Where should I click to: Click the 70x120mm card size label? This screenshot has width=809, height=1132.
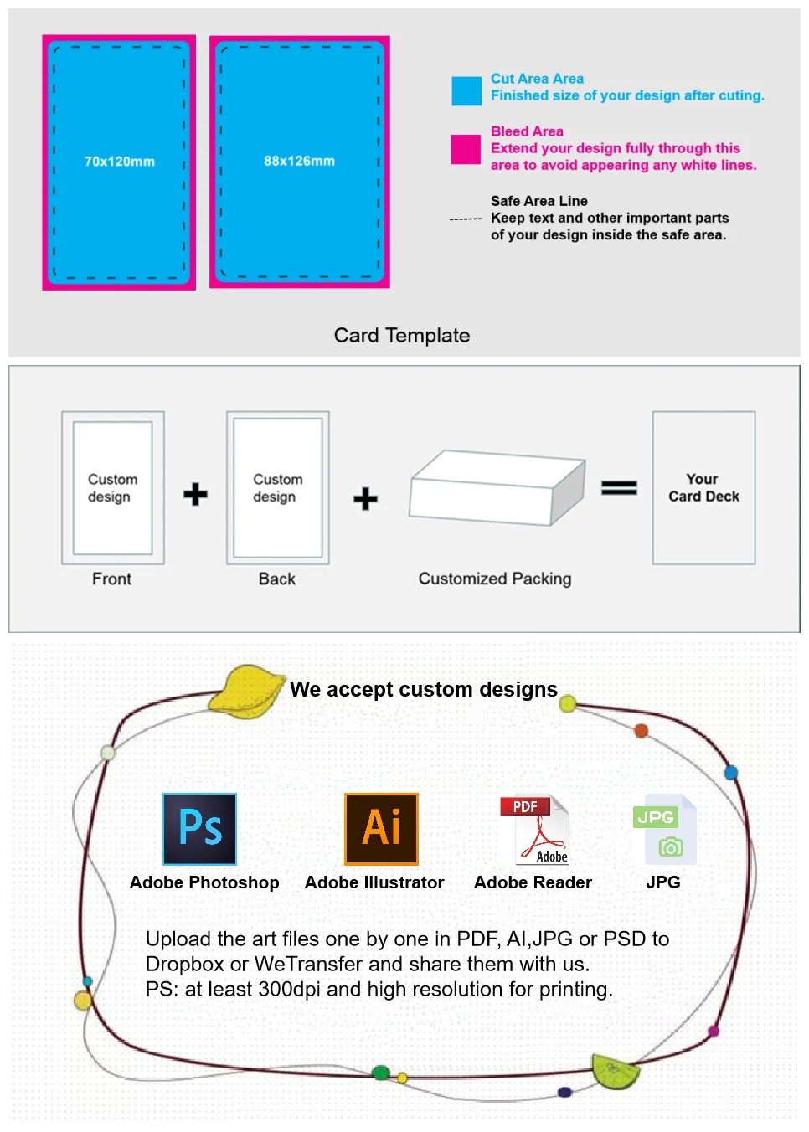[119, 162]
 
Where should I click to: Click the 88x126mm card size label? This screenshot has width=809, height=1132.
[299, 161]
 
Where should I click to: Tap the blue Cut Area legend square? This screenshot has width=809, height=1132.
[466, 91]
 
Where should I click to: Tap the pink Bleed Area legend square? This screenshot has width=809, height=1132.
[466, 149]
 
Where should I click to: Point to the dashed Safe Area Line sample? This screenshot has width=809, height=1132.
[465, 219]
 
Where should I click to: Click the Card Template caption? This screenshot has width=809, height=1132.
[402, 336]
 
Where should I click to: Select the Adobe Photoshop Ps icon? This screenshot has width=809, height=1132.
[199, 829]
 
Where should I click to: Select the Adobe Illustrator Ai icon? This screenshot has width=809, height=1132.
[381, 829]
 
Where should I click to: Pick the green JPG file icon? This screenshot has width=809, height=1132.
[665, 830]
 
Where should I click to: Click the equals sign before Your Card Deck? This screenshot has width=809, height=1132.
[619, 487]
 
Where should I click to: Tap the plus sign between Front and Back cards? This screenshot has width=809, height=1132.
[195, 494]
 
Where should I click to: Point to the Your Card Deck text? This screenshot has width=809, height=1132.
[703, 488]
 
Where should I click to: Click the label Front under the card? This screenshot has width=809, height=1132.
[111, 579]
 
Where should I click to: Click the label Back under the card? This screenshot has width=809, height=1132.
[276, 579]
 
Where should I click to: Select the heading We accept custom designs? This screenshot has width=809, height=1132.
[423, 690]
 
